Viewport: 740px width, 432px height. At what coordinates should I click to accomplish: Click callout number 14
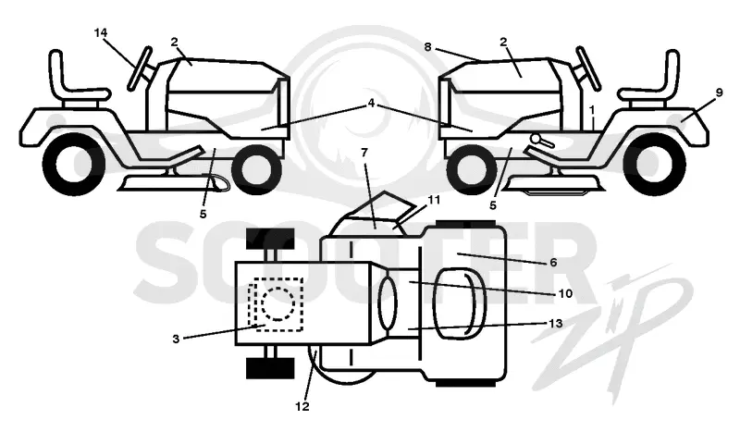[101, 33]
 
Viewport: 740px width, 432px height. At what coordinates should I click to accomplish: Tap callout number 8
[427, 47]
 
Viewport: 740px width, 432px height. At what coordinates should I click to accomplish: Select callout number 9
[719, 93]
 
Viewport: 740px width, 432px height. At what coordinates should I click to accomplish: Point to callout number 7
[364, 153]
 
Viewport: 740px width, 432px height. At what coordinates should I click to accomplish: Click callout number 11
[433, 200]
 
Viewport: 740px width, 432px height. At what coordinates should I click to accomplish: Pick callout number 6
[553, 262]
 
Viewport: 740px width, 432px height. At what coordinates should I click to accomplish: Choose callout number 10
[565, 293]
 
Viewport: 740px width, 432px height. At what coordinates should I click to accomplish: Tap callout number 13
[556, 324]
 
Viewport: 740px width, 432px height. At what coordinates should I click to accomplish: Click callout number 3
[176, 339]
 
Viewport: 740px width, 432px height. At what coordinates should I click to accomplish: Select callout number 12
[302, 406]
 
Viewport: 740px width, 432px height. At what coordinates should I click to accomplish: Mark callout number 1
[592, 109]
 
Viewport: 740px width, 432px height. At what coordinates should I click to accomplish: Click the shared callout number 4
[372, 103]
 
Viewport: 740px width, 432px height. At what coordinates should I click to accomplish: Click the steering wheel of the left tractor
[141, 68]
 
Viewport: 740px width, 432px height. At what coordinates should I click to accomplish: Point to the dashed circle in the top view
[278, 303]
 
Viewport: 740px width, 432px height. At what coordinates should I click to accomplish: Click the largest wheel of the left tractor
[74, 164]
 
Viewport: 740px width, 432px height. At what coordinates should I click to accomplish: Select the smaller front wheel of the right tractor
[472, 169]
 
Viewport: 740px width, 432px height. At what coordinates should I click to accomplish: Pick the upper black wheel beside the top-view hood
[270, 239]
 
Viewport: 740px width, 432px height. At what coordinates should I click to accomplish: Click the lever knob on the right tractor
[536, 139]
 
